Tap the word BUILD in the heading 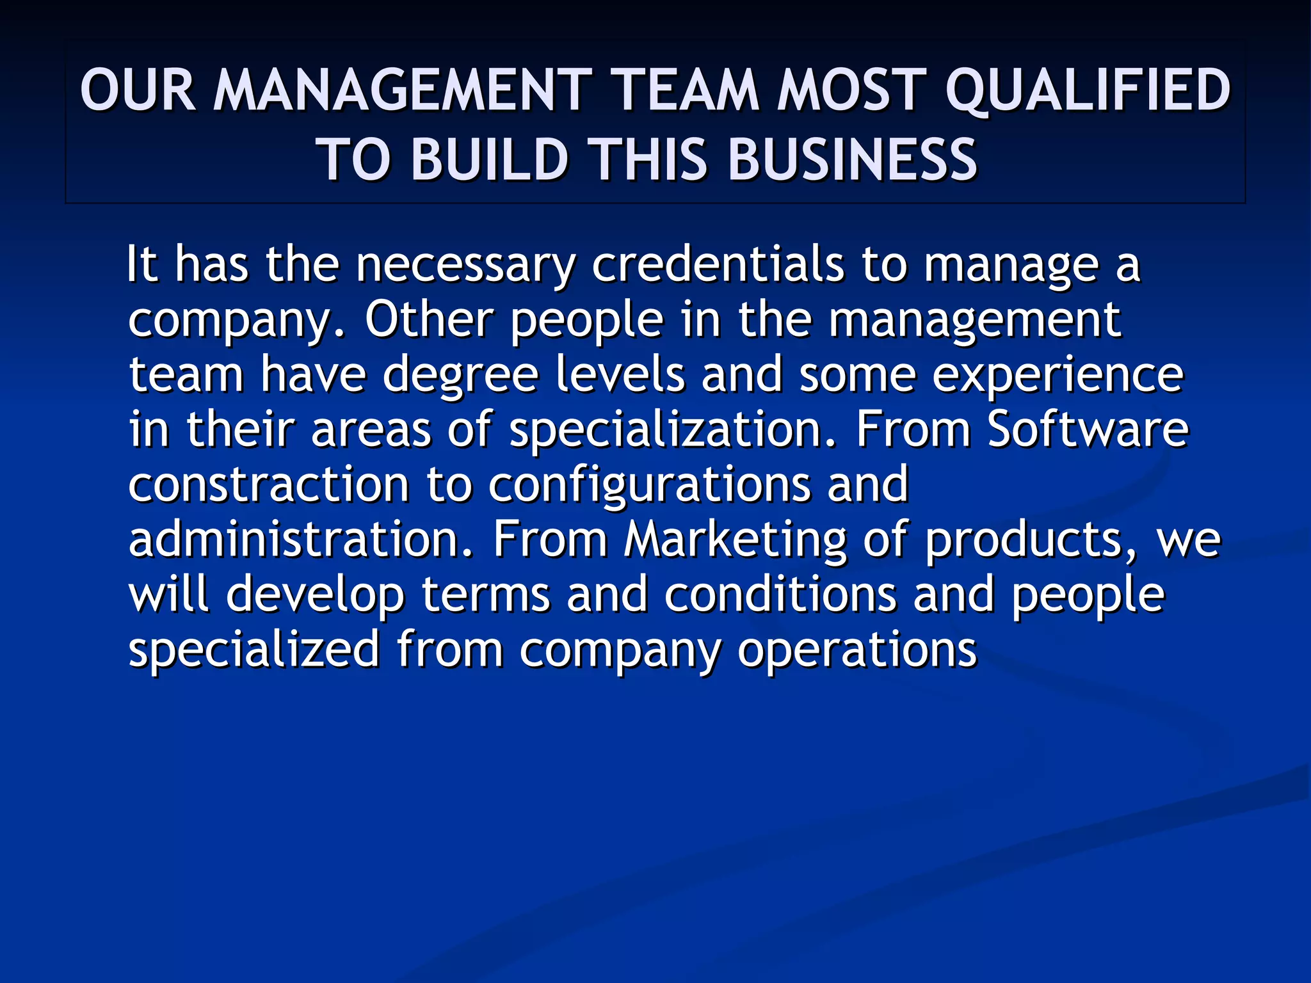pyautogui.click(x=490, y=160)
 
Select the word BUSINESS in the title pyautogui.click(x=853, y=160)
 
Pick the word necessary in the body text pyautogui.click(x=465, y=265)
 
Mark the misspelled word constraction pyautogui.click(x=268, y=484)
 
